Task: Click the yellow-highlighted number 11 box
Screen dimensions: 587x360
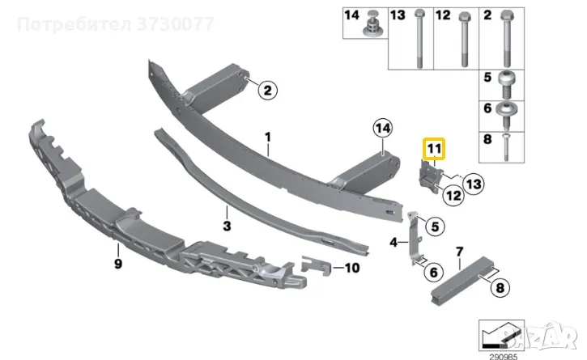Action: (x=434, y=149)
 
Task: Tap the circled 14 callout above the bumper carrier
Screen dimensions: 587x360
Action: (x=383, y=128)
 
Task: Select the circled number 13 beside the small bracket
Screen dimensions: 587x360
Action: (x=474, y=184)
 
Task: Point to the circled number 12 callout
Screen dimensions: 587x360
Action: (x=453, y=195)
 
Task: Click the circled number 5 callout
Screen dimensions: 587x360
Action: (x=435, y=227)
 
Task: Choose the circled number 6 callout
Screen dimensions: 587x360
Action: (x=433, y=272)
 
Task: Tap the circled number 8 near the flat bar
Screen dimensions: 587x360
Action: (x=500, y=288)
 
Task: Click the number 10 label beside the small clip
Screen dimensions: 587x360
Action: (x=352, y=268)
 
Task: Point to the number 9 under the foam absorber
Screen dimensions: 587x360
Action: (x=118, y=264)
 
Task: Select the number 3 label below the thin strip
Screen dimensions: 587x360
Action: (x=227, y=226)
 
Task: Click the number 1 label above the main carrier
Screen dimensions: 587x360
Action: (x=268, y=138)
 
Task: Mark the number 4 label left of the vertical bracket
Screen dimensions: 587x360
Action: (x=393, y=243)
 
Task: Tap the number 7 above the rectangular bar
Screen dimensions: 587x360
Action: (x=460, y=252)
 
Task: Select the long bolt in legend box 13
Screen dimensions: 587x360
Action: (x=419, y=39)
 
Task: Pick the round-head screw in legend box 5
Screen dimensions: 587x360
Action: (x=507, y=85)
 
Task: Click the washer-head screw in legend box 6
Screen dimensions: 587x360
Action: (x=506, y=115)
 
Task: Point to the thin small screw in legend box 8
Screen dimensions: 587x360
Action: (x=506, y=147)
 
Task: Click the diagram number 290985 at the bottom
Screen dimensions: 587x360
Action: (x=501, y=357)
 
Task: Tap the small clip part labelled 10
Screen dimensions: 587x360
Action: (x=316, y=266)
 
